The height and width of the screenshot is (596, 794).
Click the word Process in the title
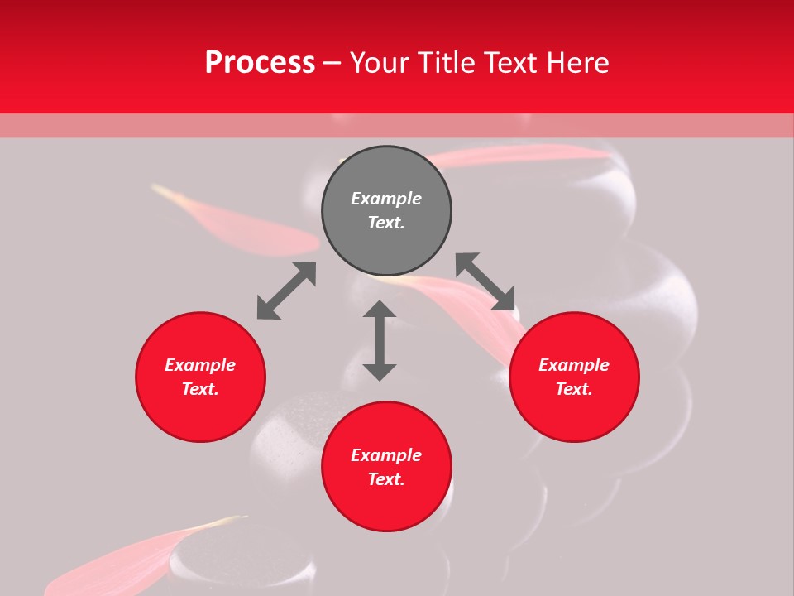pos(260,63)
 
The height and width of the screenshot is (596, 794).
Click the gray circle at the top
pos(386,210)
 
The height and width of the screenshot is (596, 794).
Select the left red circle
pos(200,377)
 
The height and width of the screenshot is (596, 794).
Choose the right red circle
pos(574,377)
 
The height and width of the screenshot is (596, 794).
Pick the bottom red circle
pos(386,467)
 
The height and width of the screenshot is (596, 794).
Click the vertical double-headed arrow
pos(380,340)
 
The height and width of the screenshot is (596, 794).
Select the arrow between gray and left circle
pos(286,291)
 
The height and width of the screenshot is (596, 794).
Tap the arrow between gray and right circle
pos(485,281)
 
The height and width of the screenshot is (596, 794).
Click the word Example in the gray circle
pos(386,199)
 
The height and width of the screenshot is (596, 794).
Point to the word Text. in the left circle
pos(200,389)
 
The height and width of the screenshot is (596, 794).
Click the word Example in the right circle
pos(574,365)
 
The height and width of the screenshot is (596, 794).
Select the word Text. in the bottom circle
pos(386,479)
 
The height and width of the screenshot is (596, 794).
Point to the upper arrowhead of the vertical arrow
pos(380,310)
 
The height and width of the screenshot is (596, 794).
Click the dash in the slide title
pos(332,63)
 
